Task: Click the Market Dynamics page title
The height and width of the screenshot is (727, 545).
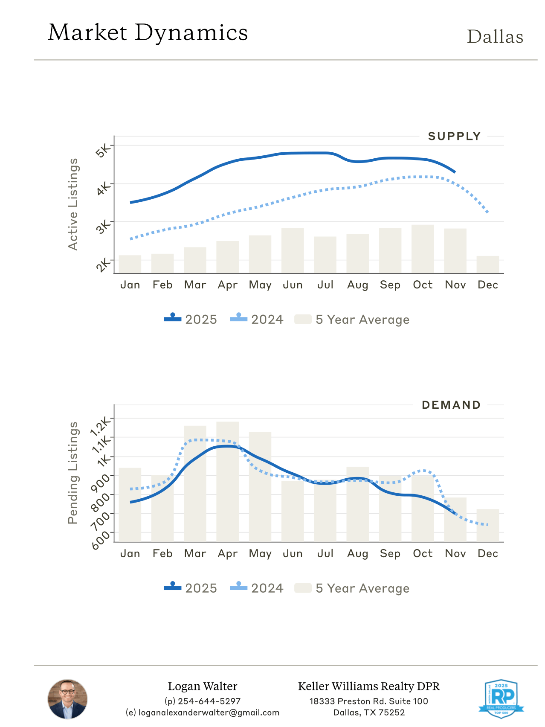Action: point(148,33)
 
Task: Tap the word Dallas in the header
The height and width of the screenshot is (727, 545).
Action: point(495,37)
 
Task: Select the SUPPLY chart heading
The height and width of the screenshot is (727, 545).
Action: point(454,137)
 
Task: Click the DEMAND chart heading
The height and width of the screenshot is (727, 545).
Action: point(451,405)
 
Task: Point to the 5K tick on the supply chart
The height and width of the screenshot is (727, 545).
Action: point(103,150)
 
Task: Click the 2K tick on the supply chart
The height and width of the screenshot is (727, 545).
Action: point(103,265)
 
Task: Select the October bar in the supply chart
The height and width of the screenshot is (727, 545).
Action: point(423,249)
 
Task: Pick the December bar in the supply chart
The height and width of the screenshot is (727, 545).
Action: point(487,265)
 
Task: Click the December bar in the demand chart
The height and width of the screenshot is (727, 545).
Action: point(487,525)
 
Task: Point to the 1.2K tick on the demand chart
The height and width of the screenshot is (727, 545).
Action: point(101,426)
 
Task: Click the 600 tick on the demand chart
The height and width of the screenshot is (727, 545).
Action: point(101,540)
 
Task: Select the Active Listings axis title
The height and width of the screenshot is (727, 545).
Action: point(73,204)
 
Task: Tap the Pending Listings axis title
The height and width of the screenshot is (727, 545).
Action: point(73,473)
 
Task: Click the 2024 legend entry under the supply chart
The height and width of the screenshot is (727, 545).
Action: point(257,320)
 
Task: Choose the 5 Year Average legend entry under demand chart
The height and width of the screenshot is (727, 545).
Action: point(352,588)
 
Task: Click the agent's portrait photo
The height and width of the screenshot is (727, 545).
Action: point(67,699)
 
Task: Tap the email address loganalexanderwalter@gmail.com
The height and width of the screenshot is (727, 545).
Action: point(203,712)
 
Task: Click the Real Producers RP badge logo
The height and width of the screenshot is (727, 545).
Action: point(501,698)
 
